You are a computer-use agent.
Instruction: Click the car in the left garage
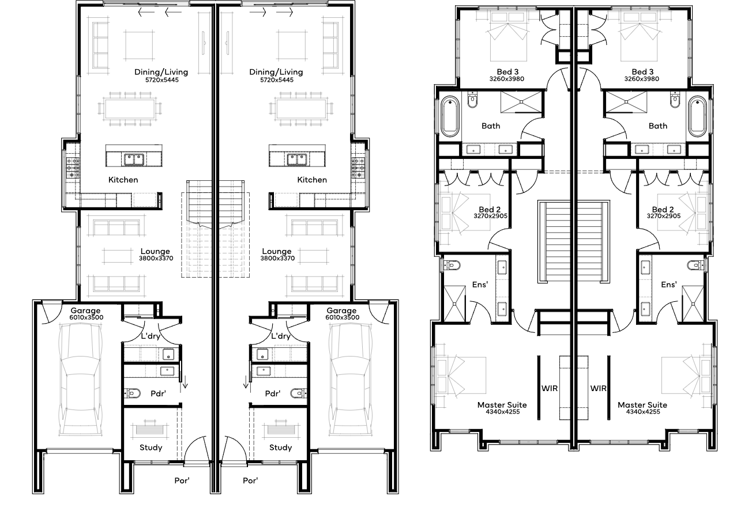pyautogui.click(x=80, y=379)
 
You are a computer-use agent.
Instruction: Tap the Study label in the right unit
pyautogui.click(x=280, y=448)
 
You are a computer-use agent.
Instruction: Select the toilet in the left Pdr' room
pyautogui.click(x=133, y=393)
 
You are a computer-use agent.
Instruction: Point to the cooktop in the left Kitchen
pyautogui.click(x=73, y=168)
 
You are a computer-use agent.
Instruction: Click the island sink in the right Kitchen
pyautogui.click(x=298, y=160)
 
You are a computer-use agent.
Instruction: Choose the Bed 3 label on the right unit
pyautogui.click(x=642, y=71)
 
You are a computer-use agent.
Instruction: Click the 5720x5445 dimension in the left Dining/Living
pyautogui.click(x=162, y=80)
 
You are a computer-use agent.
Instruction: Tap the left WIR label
pyautogui.click(x=550, y=388)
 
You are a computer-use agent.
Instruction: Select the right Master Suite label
pyautogui.click(x=642, y=405)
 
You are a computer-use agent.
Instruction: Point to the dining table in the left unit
pyautogui.click(x=130, y=109)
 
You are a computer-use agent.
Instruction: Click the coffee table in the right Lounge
pyautogui.click(x=314, y=256)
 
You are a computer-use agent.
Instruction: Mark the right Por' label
pyautogui.click(x=250, y=481)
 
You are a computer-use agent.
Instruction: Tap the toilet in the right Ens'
pyautogui.click(x=695, y=265)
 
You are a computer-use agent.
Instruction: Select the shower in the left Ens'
pyautogui.click(x=454, y=304)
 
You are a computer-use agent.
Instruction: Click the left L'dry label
pyautogui.click(x=151, y=336)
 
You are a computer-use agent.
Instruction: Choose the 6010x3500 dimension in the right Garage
pyautogui.click(x=342, y=317)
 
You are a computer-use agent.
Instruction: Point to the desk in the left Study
pyautogui.click(x=150, y=430)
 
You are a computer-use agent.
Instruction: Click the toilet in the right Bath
pyautogui.click(x=675, y=100)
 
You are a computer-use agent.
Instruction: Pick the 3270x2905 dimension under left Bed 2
pyautogui.click(x=490, y=216)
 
